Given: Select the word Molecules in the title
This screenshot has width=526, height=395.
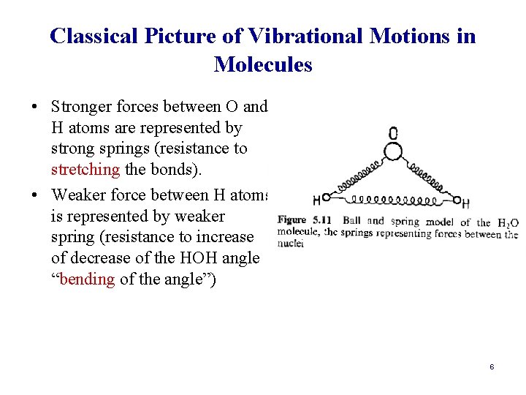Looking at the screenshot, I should [x=263, y=64].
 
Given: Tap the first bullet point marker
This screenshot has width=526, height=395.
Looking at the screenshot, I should [x=35, y=108].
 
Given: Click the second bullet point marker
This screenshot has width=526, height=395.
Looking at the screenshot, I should [x=35, y=195].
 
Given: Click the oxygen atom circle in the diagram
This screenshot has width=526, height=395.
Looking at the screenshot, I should [x=393, y=151].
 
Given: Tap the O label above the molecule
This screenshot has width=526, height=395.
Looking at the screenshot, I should [x=393, y=133].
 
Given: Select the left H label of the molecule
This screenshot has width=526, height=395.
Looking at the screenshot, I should [x=316, y=199].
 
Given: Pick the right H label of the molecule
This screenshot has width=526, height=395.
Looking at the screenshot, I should [x=465, y=203].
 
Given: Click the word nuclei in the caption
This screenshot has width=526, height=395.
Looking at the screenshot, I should [x=291, y=245].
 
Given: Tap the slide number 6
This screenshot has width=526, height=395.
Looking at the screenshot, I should [x=492, y=366].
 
